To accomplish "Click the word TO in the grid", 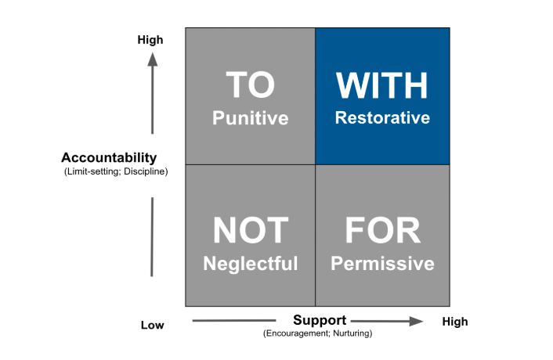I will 250,85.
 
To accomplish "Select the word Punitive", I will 251,118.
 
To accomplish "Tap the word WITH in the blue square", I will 382,85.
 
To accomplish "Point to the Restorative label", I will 382,118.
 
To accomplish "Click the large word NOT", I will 250,230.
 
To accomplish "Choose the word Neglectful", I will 251,264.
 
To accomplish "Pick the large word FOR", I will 382,230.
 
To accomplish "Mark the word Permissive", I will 382,264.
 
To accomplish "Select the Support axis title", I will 320,320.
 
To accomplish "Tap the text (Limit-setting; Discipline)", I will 116,171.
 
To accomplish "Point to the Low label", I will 153,324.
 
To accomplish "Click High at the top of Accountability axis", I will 150,39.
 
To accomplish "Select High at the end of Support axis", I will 455,322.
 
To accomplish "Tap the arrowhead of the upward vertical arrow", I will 152,59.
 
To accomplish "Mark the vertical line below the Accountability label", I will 152,235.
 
